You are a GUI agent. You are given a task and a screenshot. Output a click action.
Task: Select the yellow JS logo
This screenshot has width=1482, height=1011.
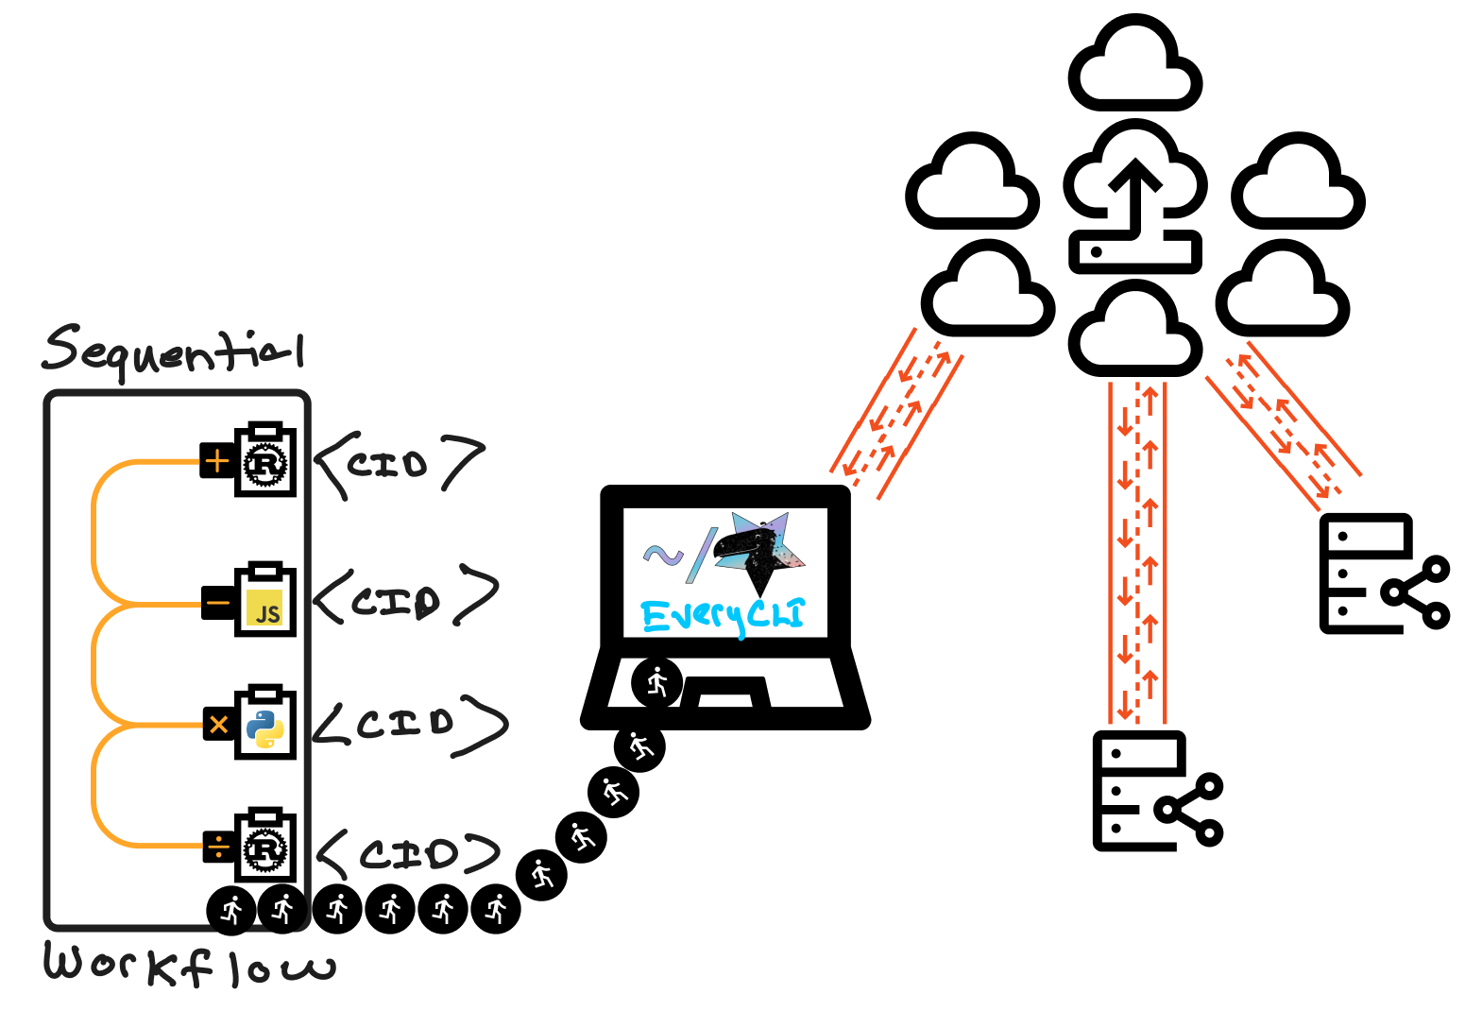pos(264,608)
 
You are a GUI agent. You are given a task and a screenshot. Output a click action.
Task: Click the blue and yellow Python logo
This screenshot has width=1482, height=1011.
pos(264,729)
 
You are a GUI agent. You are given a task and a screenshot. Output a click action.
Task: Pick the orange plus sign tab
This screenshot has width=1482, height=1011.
pos(217,461)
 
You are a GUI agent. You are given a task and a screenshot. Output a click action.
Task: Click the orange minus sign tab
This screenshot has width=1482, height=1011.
pos(217,603)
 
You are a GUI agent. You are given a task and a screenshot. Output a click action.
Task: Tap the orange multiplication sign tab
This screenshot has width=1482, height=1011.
pos(219,725)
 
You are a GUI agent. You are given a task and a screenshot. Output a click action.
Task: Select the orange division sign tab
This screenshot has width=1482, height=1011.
pos(219,847)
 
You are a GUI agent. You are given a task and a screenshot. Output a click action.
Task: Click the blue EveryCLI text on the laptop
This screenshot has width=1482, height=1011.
pos(724,616)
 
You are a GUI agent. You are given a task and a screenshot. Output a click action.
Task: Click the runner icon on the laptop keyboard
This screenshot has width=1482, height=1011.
pos(657,683)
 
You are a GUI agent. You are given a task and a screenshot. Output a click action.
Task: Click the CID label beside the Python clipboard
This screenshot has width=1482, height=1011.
pos(410,725)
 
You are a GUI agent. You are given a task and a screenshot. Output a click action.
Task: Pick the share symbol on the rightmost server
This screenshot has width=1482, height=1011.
pos(1416,592)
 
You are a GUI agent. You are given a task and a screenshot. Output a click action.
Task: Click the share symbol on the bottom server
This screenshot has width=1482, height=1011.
pos(1189,809)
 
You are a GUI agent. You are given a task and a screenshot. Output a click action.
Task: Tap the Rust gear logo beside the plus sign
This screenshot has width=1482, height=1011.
pos(265,465)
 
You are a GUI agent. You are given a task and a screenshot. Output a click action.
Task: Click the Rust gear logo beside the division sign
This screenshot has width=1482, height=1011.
pos(265,849)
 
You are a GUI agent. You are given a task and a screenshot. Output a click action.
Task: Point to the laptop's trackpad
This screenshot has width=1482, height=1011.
pos(725,693)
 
